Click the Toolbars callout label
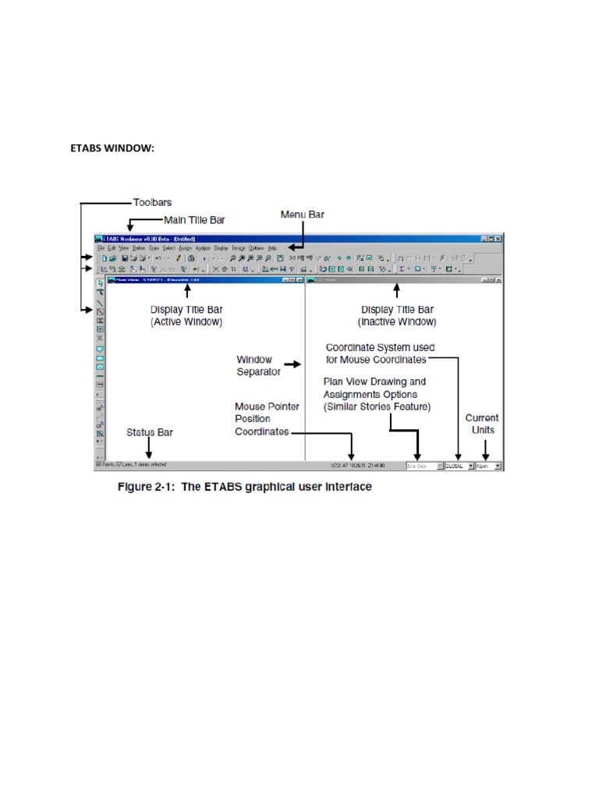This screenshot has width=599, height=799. coord(152,201)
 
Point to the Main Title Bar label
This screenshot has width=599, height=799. coord(198,220)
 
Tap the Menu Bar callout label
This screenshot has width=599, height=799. coord(302,214)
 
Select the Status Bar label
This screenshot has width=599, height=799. coord(150,431)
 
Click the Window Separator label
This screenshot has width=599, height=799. coord(254,365)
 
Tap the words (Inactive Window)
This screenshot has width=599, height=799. coord(397,321)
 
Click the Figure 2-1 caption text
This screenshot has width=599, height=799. coord(244,487)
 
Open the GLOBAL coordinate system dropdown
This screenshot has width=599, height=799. coord(459,466)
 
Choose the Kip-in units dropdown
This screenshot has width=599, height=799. coord(489,466)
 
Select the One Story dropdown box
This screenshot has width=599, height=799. coord(424,466)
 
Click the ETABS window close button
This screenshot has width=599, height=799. coord(498,238)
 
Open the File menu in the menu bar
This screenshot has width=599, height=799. coord(101,247)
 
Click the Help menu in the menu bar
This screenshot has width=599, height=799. coord(272,247)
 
